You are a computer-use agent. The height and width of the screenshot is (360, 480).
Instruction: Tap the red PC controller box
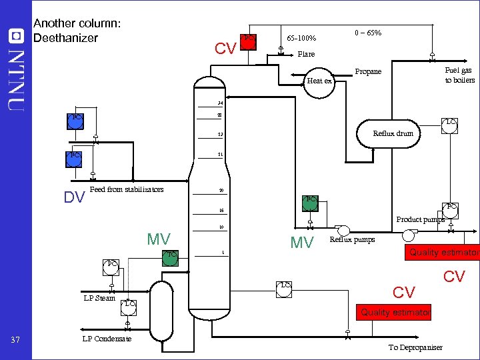(x=248, y=41)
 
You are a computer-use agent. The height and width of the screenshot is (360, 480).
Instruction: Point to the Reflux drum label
(x=393, y=133)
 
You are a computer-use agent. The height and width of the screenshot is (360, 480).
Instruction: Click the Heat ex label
(x=319, y=81)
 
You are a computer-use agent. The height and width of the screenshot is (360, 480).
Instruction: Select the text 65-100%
(x=301, y=38)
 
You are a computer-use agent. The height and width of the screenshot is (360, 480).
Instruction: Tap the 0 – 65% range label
(x=368, y=33)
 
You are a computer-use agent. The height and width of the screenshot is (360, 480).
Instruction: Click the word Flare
(x=306, y=54)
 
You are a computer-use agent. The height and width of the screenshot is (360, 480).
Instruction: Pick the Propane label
(x=368, y=71)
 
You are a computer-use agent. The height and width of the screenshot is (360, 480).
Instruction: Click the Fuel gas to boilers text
(x=459, y=75)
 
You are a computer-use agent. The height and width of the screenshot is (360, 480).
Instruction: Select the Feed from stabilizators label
(x=126, y=189)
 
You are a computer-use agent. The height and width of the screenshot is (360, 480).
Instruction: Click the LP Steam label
(x=99, y=298)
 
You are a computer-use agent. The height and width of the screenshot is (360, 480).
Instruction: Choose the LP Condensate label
(x=107, y=339)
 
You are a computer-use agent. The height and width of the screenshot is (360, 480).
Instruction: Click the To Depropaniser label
(x=415, y=347)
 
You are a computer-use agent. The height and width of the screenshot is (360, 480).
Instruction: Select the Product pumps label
(x=420, y=219)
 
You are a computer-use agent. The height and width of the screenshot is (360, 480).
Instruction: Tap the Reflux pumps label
(x=352, y=239)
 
